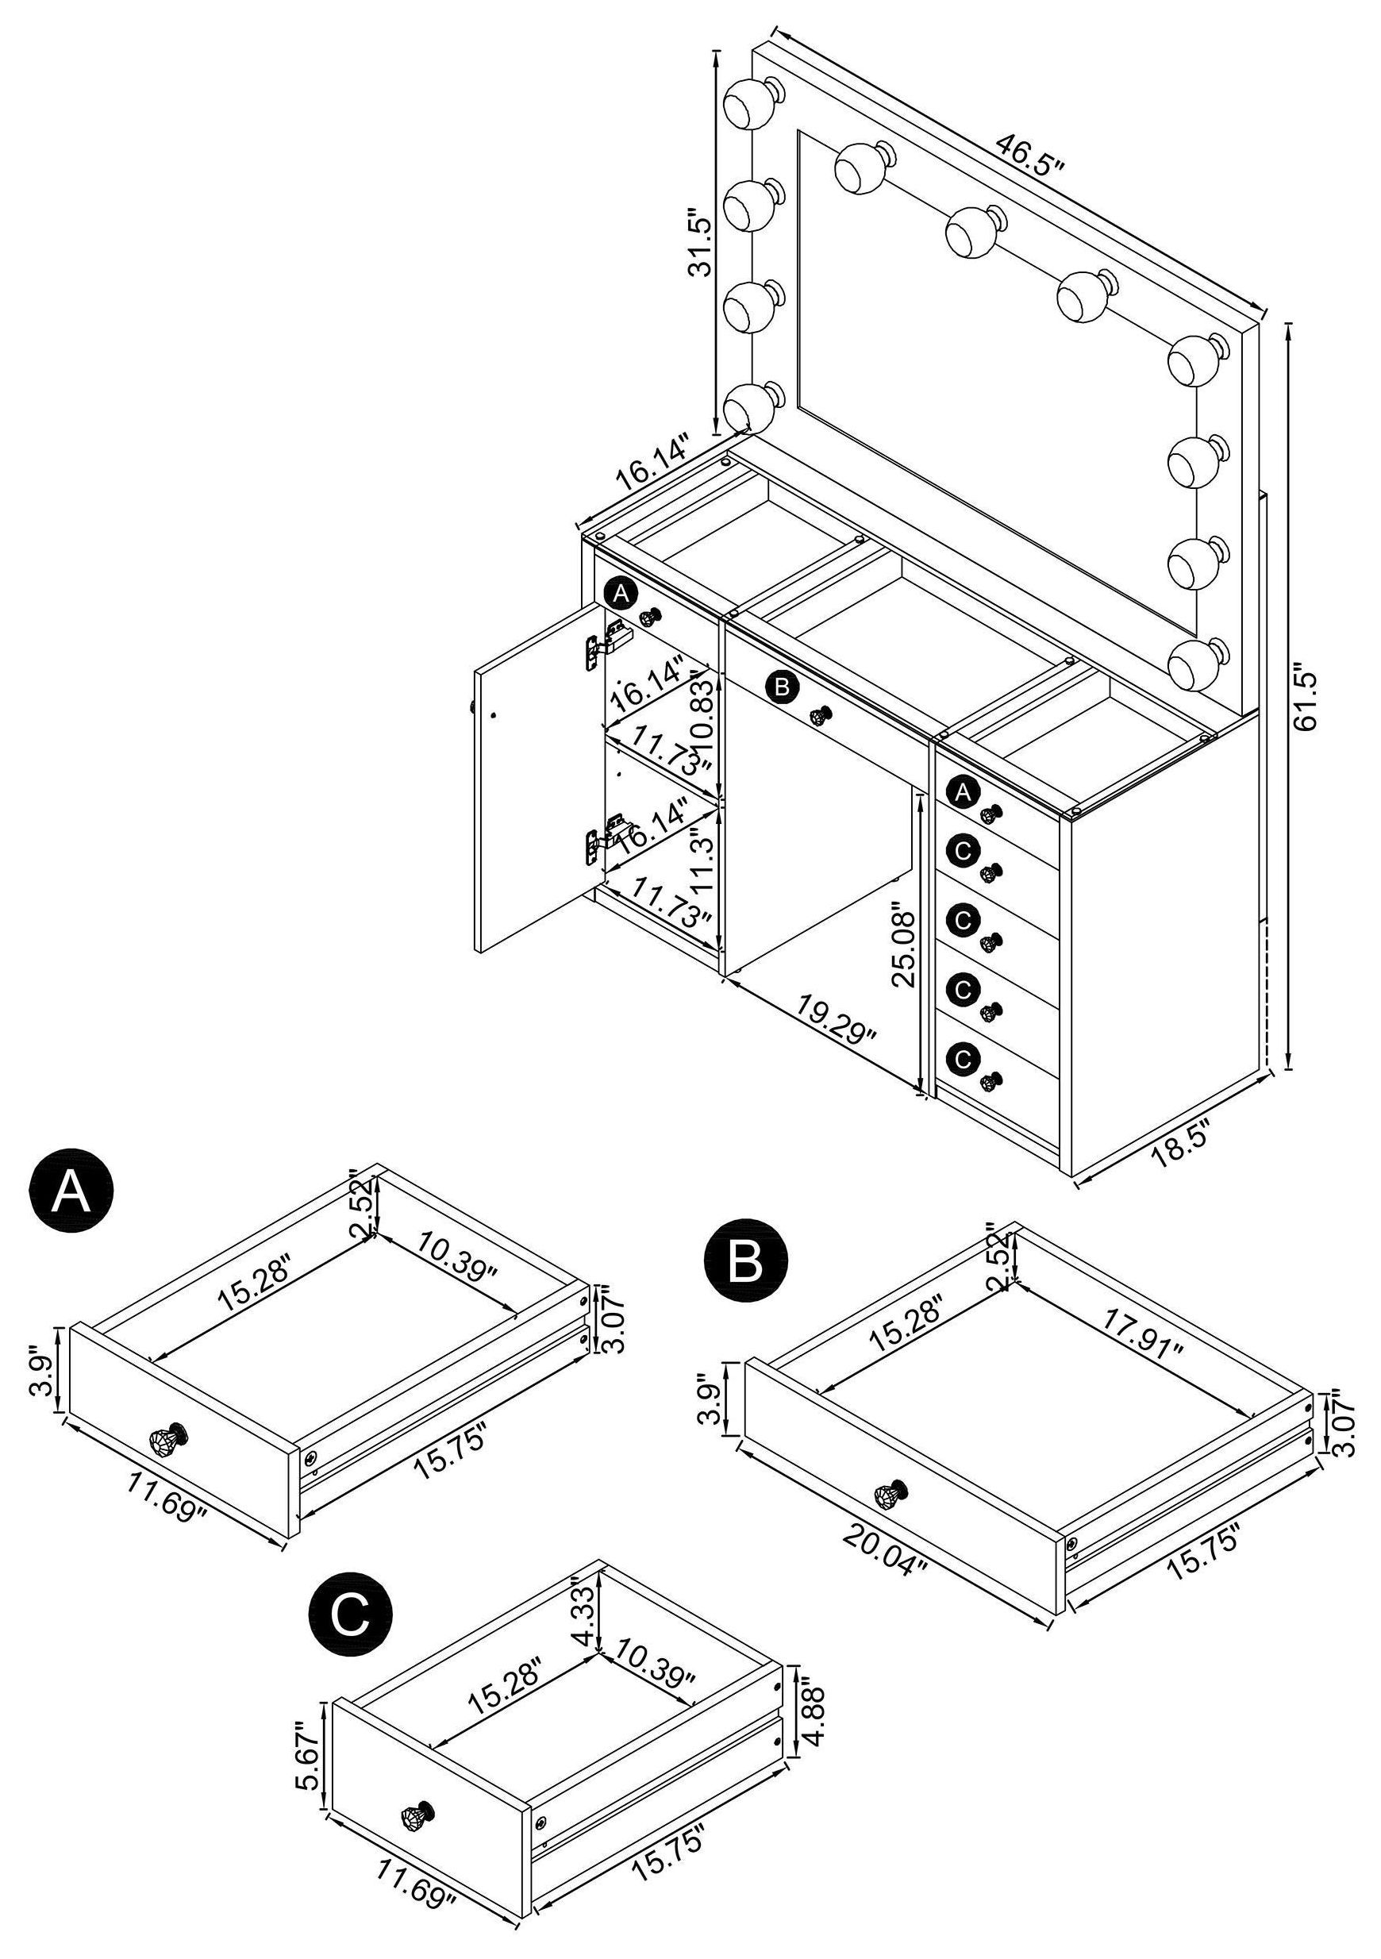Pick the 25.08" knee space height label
pos(902,949)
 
